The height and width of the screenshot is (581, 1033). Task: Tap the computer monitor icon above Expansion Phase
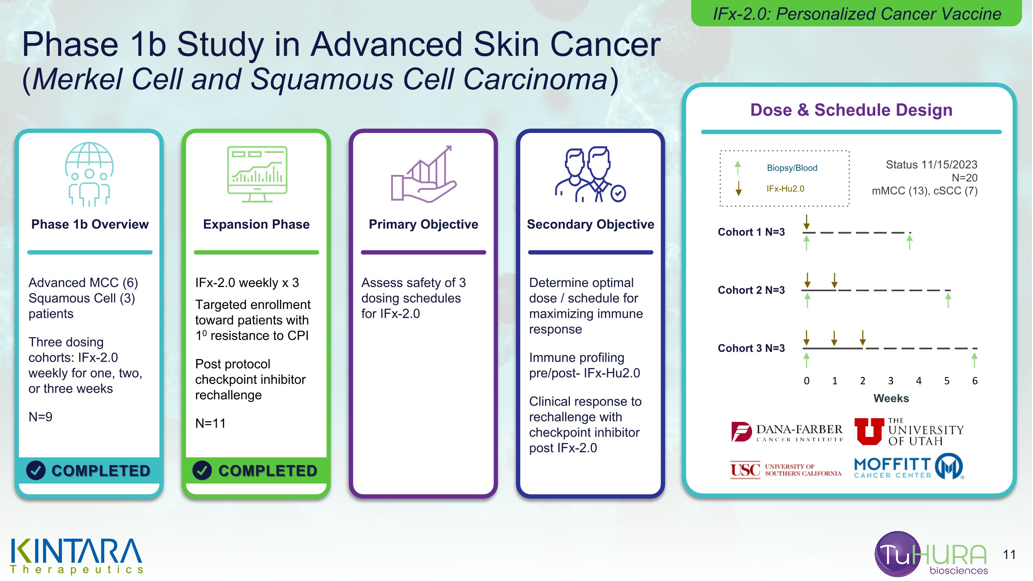257,174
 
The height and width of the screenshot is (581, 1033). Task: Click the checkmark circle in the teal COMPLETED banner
36,470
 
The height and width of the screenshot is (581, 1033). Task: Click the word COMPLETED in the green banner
268,471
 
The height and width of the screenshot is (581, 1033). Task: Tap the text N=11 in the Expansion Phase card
210,423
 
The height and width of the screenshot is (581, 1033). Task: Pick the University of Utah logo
909,432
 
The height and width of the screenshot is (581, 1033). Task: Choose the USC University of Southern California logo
785,470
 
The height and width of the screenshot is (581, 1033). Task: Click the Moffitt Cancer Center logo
909,467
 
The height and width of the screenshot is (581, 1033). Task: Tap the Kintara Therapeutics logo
76,556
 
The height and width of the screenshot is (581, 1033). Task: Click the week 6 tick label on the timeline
974,381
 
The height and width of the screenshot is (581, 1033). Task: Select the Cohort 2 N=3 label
751,290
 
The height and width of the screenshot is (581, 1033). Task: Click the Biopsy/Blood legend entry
792,168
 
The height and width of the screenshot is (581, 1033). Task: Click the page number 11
1009,554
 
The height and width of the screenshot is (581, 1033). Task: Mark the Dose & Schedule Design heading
851,110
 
